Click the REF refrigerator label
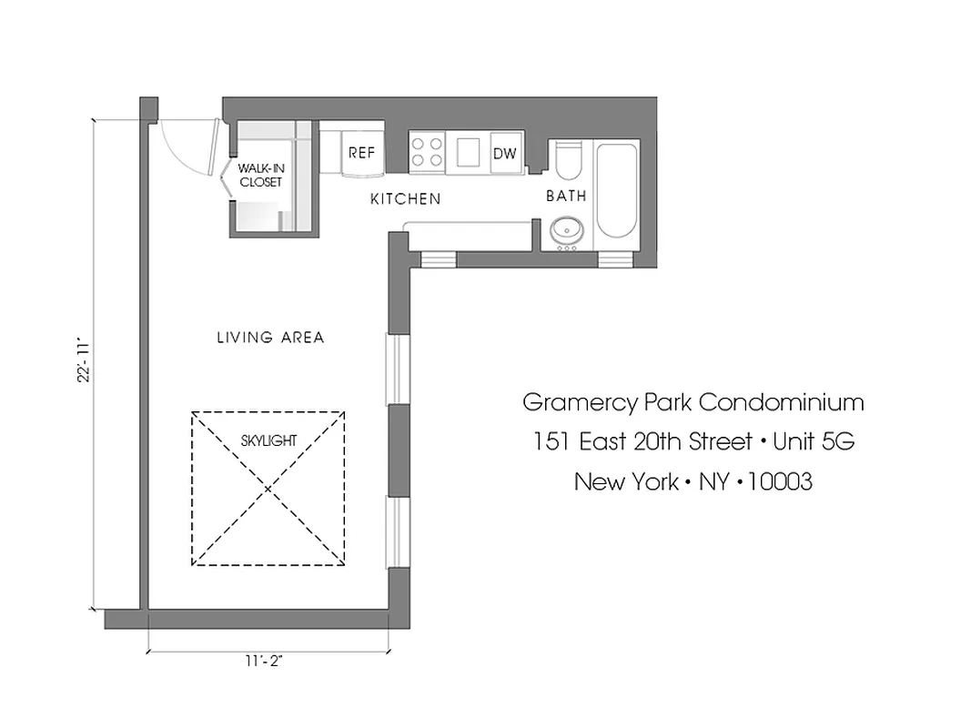pyautogui.click(x=361, y=153)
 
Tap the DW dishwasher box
pyautogui.click(x=504, y=153)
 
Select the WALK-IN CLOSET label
pyautogui.click(x=261, y=175)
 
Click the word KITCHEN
pyautogui.click(x=405, y=198)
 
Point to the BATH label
pyautogui.click(x=566, y=196)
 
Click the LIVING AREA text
pyautogui.click(x=270, y=338)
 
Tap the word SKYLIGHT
pyautogui.click(x=268, y=440)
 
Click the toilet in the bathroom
pyautogui.click(x=566, y=162)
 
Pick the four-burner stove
pyautogui.click(x=426, y=151)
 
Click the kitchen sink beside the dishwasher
pyautogui.click(x=468, y=151)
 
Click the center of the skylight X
pyautogui.click(x=268, y=489)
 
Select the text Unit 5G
pyautogui.click(x=814, y=441)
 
